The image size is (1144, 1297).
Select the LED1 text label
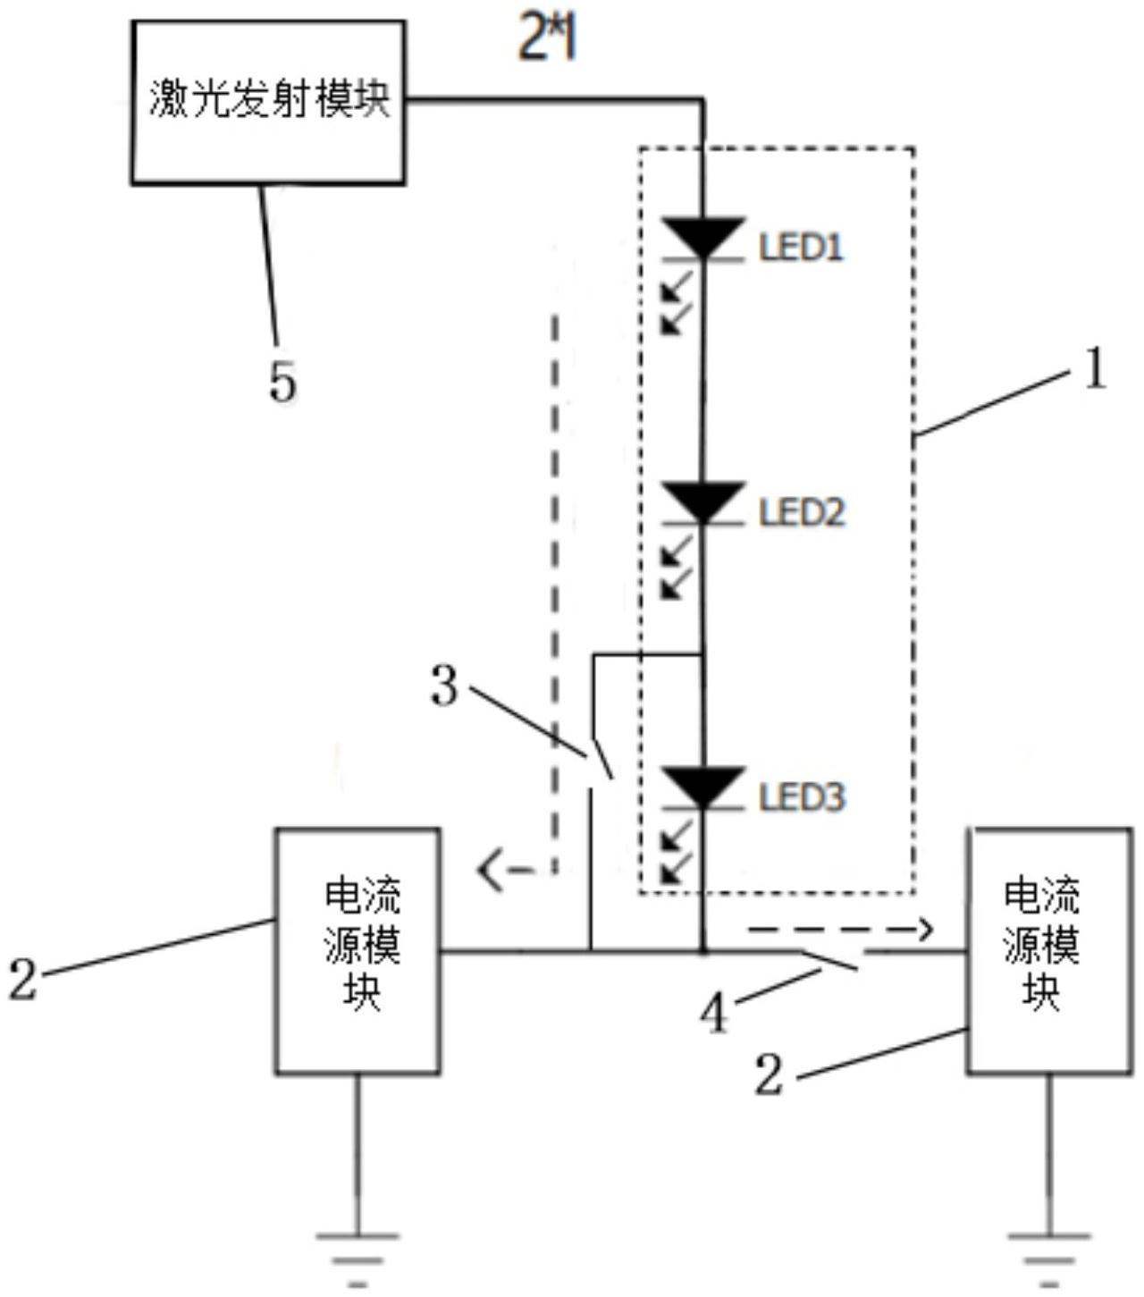(x=802, y=248)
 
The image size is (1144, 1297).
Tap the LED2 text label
(x=802, y=513)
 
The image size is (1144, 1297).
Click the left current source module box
(x=357, y=950)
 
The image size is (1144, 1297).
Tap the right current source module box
(x=1048, y=950)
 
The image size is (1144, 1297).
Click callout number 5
(x=282, y=383)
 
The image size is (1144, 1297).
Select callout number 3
(x=444, y=686)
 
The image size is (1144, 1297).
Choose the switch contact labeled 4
(x=831, y=960)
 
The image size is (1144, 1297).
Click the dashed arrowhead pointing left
(x=490, y=869)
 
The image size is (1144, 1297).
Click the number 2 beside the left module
(x=23, y=978)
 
